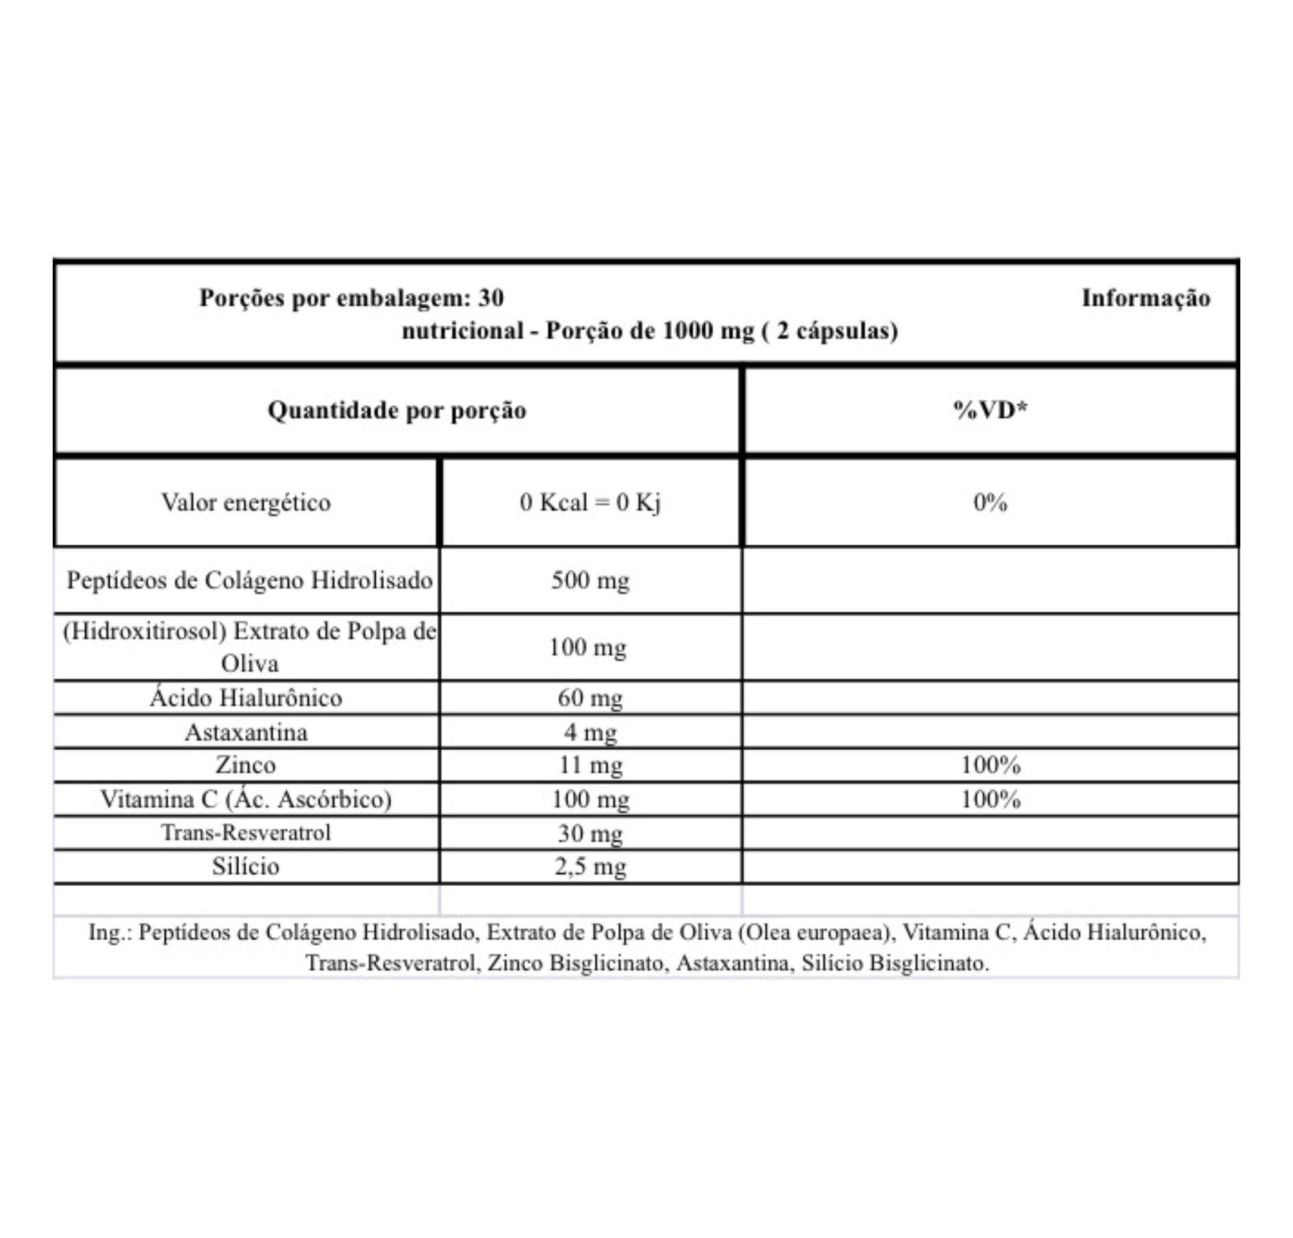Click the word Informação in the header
tap(1145, 298)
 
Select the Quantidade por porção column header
tap(397, 410)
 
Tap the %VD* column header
tap(990, 410)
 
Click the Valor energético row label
tap(246, 503)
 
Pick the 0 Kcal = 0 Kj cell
tap(590, 503)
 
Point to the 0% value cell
tap(990, 503)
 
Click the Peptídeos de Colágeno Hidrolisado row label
tap(249, 581)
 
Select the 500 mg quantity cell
tap(590, 581)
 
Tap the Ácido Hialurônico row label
tap(246, 698)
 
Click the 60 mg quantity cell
tap(590, 698)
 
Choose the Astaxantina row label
tap(246, 733)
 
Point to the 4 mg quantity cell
tap(590, 733)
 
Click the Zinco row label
tap(246, 765)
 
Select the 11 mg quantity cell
tap(590, 765)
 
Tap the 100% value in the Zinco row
tap(990, 765)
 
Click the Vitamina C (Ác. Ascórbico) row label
tap(246, 799)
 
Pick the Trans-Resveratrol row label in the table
tap(246, 832)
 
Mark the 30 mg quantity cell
tap(590, 833)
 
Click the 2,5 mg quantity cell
tap(590, 867)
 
